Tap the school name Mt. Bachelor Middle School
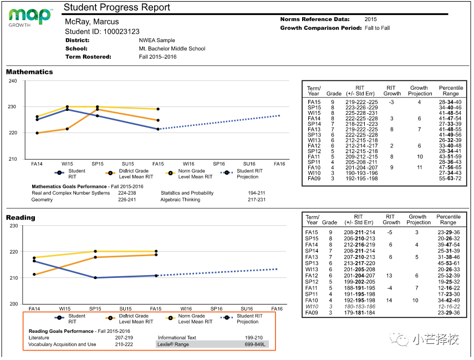[x=172, y=49]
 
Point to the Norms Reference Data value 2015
[x=370, y=19]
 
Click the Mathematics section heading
[x=29, y=72]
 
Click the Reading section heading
[x=21, y=218]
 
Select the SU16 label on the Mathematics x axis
[x=249, y=164]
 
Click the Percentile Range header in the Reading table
[x=448, y=220]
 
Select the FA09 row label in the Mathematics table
[x=314, y=178]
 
